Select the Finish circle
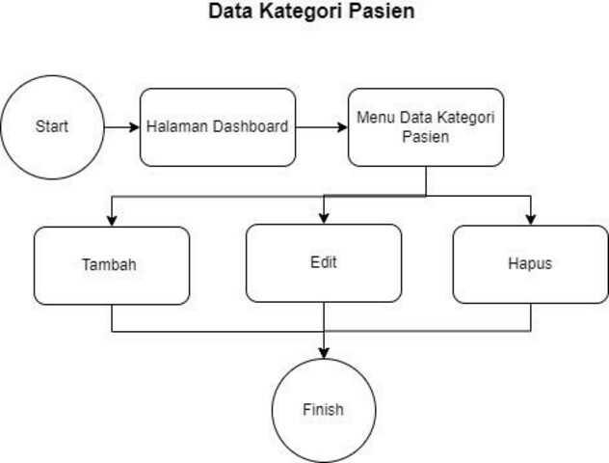pyautogui.click(x=322, y=409)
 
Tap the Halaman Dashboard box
pyautogui.click(x=218, y=127)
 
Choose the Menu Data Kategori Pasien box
pyautogui.click(x=425, y=127)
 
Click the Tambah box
pyautogui.click(x=112, y=264)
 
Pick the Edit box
pyautogui.click(x=324, y=262)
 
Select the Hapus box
pyautogui.click(x=530, y=264)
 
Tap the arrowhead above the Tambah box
pyautogui.click(x=112, y=220)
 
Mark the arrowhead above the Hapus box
pyautogui.click(x=530, y=220)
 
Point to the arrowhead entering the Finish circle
pyautogui.click(x=323, y=353)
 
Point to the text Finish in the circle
pyautogui.click(x=322, y=409)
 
